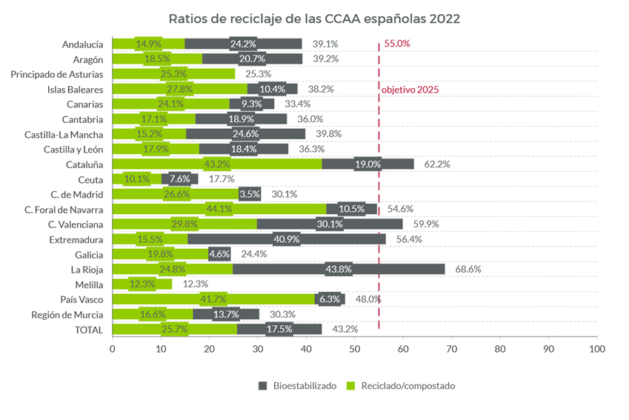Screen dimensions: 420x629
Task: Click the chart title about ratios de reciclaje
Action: click(x=314, y=18)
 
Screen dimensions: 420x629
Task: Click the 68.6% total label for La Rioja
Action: click(x=466, y=269)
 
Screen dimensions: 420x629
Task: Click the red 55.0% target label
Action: click(x=397, y=44)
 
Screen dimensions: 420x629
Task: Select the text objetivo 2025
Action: click(x=410, y=90)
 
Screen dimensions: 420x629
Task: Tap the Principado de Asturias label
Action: click(x=57, y=74)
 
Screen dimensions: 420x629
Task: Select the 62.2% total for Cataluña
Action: click(x=437, y=164)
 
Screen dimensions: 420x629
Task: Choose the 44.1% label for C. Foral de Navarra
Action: click(x=219, y=209)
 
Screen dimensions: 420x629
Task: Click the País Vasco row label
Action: click(x=82, y=299)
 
